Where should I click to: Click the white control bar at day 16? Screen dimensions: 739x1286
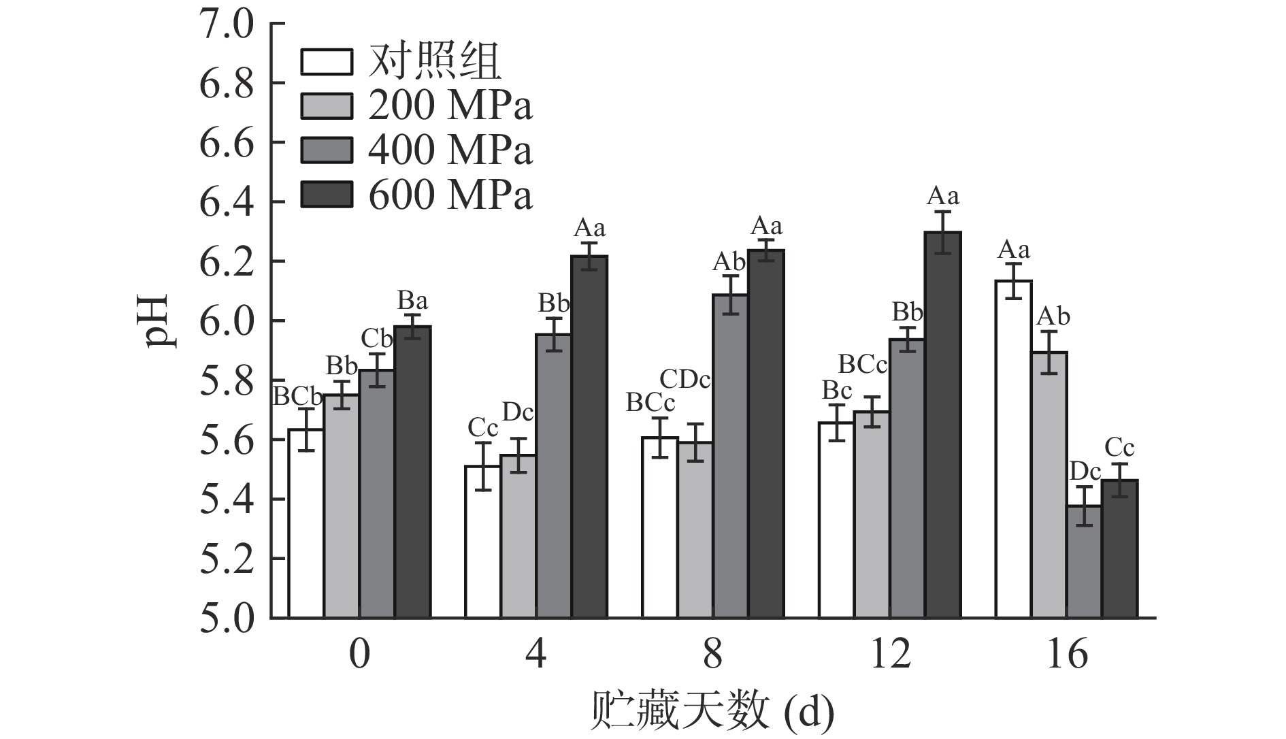click(1013, 449)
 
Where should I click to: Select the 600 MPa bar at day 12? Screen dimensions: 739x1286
click(942, 425)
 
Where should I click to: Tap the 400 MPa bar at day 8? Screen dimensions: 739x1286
click(730, 456)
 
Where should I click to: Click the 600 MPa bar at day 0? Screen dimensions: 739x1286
click(412, 472)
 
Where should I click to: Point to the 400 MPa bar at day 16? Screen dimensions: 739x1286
click(1084, 561)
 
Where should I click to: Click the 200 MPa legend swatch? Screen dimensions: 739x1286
click(327, 105)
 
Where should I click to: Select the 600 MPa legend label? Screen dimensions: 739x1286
click(450, 195)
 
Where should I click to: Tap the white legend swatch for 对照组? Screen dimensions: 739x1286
click(327, 61)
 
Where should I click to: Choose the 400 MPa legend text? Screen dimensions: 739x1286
click(450, 150)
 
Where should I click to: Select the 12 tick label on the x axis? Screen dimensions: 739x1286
click(889, 655)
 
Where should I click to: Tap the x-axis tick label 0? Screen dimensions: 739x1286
click(359, 655)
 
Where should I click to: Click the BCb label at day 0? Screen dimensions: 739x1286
click(297, 396)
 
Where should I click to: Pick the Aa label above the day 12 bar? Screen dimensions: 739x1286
click(943, 197)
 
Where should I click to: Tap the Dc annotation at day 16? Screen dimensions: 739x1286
click(1085, 471)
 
